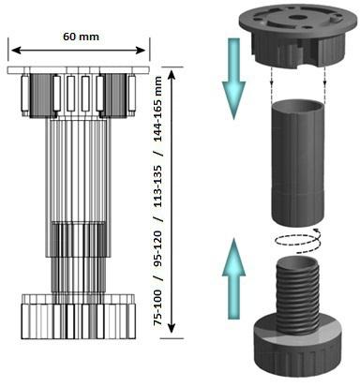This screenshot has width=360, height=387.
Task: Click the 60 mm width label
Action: point(81,37)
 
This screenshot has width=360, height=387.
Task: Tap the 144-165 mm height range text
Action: point(158,109)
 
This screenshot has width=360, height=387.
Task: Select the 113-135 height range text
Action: point(158,186)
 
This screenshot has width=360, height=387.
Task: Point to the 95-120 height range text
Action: point(158,249)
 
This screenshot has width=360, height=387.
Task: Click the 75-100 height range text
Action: point(158,307)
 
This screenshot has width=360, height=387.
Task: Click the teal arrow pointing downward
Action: point(233,79)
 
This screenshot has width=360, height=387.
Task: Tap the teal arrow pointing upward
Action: point(233,278)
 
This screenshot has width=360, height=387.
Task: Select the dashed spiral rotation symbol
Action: point(296,241)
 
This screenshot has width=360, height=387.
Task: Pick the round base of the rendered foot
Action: point(296,350)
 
